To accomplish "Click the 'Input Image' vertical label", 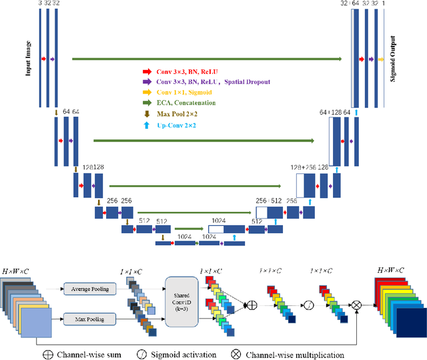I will point(29,59).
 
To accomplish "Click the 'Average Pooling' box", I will point(90,288).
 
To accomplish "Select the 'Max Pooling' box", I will point(90,320).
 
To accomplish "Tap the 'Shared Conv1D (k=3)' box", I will point(181,302).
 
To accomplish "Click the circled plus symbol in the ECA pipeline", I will point(252,305).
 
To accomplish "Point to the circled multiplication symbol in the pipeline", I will point(357,305).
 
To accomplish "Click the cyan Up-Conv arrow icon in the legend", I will point(147,125).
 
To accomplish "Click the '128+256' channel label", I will point(302,167).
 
